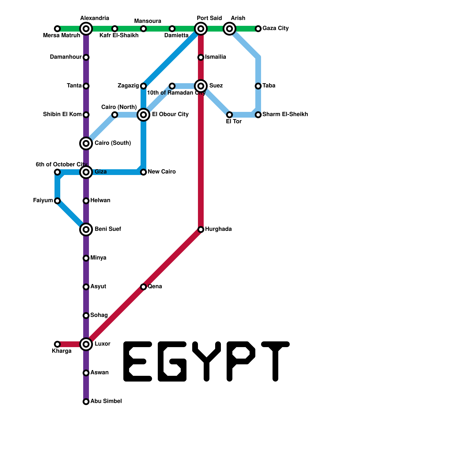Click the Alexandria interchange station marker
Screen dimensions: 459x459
[86, 29]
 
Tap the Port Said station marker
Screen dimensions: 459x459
[201, 29]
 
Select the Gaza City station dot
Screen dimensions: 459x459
[258, 29]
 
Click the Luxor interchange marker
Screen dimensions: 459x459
[86, 344]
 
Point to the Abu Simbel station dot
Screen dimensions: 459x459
[86, 402]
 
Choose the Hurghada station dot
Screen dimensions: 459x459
[201, 229]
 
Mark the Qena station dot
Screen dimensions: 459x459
[143, 287]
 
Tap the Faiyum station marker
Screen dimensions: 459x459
[57, 201]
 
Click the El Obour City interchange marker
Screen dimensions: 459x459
[143, 115]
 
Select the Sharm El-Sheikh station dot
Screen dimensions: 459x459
[258, 115]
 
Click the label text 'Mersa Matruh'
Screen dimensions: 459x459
[61, 36]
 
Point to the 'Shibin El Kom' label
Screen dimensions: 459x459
[62, 114]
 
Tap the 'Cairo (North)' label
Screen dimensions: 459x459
[119, 107]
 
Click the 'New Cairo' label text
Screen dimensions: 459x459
[162, 172]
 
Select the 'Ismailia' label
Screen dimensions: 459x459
[216, 57]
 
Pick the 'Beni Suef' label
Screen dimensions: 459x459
[108, 229]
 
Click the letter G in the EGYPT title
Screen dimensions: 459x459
[172, 361]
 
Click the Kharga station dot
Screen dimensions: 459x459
[57, 344]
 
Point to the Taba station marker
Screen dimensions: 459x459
[258, 86]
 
